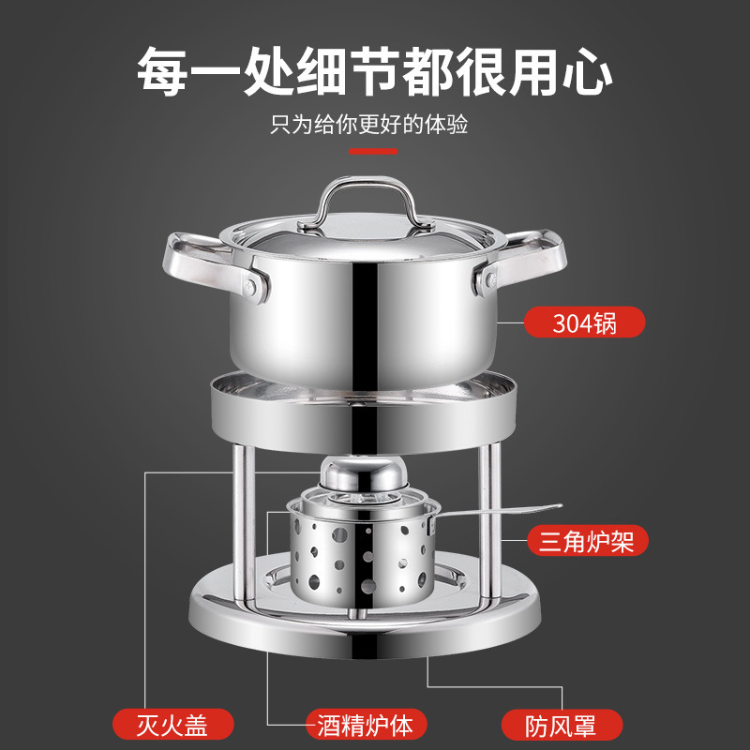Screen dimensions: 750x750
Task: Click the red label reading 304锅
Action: [584, 322]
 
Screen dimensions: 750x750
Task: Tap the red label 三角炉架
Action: [588, 541]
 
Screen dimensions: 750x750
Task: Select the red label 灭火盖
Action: [173, 724]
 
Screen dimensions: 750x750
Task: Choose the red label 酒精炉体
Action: [367, 724]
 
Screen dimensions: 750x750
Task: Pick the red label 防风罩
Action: [562, 724]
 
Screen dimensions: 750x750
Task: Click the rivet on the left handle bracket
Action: [249, 287]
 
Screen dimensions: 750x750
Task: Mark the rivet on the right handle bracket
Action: [490, 280]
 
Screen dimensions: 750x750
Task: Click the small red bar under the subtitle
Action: [373, 151]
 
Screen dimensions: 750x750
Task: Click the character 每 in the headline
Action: [162, 72]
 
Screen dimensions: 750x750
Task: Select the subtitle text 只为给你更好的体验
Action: [368, 125]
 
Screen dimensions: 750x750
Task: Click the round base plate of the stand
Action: [365, 626]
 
